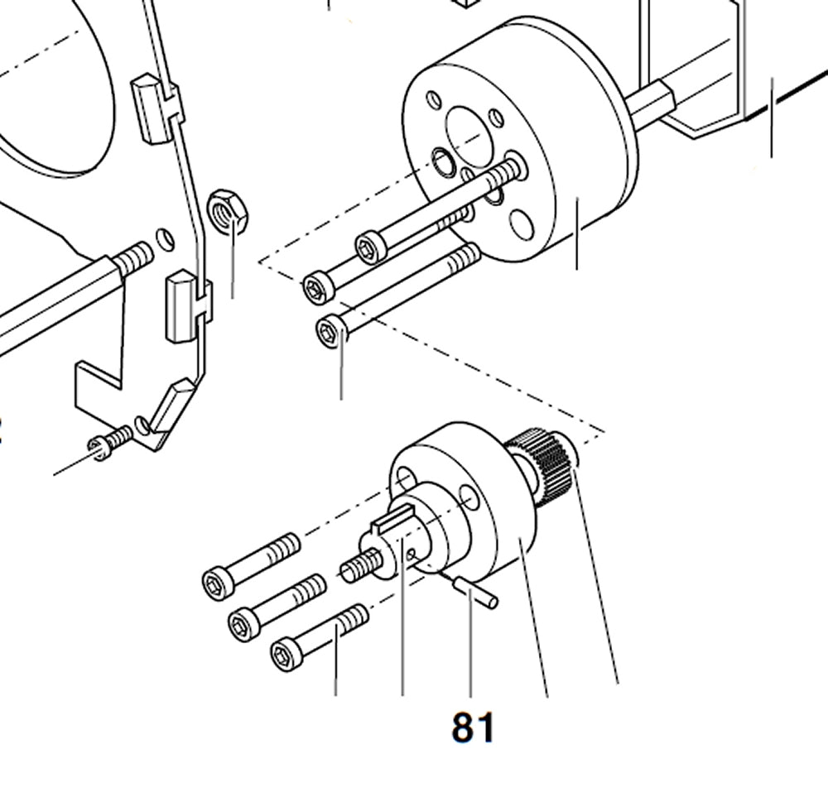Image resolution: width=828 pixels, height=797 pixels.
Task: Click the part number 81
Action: tap(473, 728)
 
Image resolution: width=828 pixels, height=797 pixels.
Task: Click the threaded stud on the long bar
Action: tap(134, 257)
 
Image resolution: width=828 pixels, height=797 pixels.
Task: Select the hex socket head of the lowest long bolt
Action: tap(330, 334)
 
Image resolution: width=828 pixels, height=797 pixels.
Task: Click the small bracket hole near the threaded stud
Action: tap(166, 240)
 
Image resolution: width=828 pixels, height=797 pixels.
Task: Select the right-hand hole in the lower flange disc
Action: tap(469, 497)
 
